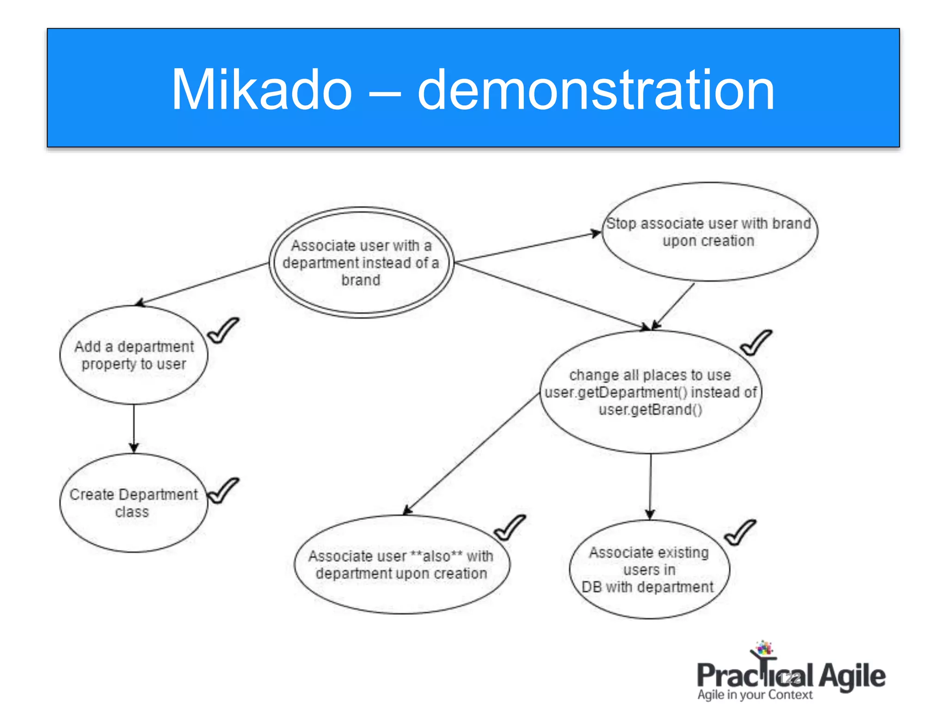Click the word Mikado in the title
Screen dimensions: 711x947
click(262, 90)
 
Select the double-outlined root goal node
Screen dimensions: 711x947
click(361, 262)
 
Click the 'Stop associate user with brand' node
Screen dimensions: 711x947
click(709, 232)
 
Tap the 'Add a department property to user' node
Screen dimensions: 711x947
click(134, 355)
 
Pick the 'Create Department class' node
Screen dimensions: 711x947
click(134, 503)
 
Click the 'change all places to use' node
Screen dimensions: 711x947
click(650, 392)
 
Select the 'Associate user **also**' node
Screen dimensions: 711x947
click(401, 564)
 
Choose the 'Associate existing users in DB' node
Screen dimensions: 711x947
click(649, 569)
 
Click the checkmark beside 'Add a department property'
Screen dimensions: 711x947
click(223, 331)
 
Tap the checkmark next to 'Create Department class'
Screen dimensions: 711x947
click(223, 491)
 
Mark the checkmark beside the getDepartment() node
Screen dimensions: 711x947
click(756, 343)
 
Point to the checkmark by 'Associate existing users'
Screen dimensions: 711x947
click(739, 533)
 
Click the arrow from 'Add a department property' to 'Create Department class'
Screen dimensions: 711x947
click(134, 428)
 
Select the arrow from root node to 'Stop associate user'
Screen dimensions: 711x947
click(527, 248)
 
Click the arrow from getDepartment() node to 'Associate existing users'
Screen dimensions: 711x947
click(650, 486)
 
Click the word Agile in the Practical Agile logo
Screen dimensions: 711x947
click(852, 676)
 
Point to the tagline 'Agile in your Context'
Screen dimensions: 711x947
click(755, 695)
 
